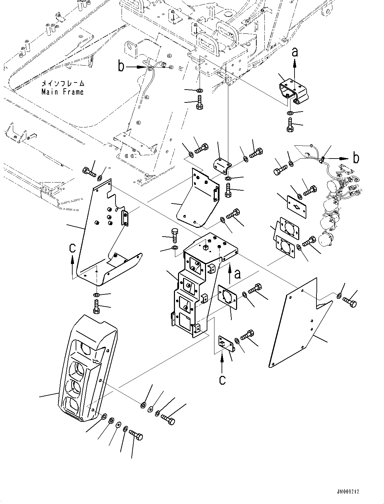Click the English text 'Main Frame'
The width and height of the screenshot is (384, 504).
coord(62,92)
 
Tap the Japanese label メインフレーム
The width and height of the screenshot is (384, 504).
coord(62,83)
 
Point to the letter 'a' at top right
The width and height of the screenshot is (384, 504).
coord(295,52)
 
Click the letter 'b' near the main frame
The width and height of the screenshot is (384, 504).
coord(121,66)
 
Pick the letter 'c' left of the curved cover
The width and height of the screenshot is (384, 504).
coord(73,248)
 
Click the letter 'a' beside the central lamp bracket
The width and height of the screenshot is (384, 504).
coord(238,274)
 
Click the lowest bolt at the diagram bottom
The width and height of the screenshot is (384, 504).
coord(136,435)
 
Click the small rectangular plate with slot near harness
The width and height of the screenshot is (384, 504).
coord(297,207)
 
